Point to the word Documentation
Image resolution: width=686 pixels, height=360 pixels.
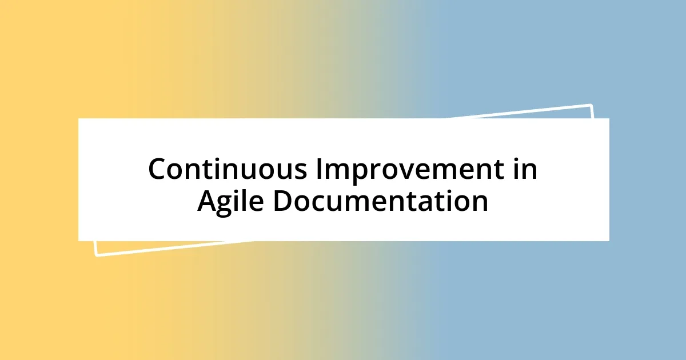coord(380,202)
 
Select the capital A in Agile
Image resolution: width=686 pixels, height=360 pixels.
coord(208,202)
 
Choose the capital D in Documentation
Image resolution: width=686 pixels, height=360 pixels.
coord(282,202)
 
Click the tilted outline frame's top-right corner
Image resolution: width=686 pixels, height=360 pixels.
coord(591,105)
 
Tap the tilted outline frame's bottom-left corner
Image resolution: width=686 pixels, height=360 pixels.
coord(96,255)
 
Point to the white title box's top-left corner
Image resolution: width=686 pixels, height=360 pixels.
coord(79,119)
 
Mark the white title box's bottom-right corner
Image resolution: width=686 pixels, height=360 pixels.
coord(609,241)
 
